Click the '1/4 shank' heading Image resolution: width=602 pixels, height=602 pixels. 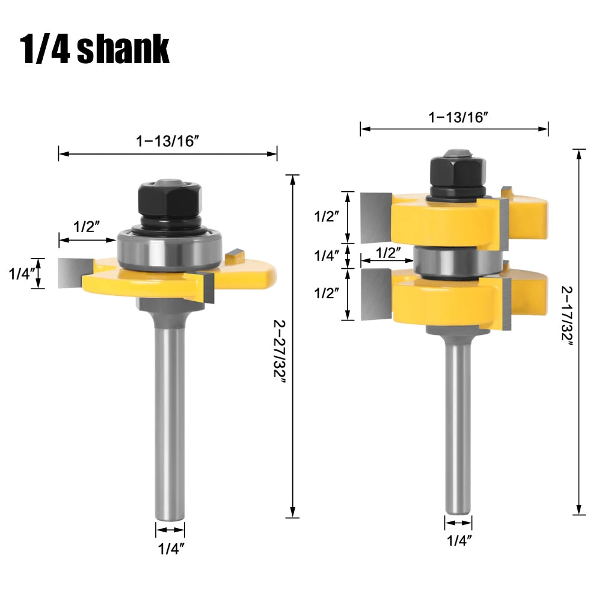(x=94, y=49)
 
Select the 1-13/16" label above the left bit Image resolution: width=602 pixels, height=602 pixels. (x=168, y=141)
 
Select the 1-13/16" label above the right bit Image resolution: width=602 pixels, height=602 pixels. (x=458, y=117)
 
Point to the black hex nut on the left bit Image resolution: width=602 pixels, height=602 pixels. (x=170, y=199)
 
